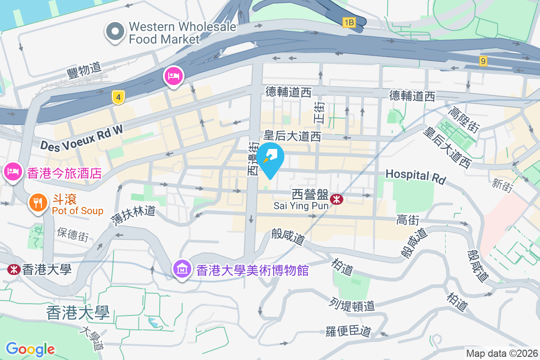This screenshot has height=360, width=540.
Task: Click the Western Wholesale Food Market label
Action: (182, 33)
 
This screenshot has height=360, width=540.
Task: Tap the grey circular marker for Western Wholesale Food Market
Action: (115, 31)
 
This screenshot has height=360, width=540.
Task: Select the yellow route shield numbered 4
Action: (118, 97)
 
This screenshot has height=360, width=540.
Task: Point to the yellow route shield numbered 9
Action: (483, 61)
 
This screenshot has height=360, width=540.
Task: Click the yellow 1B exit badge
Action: (349, 22)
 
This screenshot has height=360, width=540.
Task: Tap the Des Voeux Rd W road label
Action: (81, 138)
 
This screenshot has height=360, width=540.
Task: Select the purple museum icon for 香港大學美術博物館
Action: (183, 269)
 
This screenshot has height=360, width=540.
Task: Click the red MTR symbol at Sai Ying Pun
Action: (336, 198)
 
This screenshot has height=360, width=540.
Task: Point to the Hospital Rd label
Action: (415, 175)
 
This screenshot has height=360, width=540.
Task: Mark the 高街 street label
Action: (408, 220)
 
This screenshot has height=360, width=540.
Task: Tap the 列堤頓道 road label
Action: (352, 304)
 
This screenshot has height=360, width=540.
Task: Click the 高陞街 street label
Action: (462, 117)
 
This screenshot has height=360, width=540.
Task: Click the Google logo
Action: (30, 349)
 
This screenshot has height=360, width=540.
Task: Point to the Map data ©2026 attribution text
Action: (501, 353)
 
